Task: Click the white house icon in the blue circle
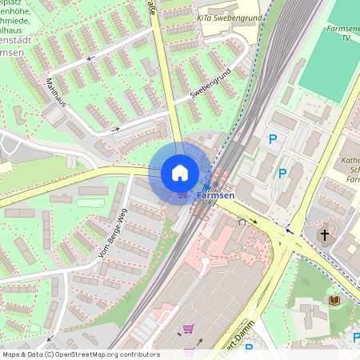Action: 180,173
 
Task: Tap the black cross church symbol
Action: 325,235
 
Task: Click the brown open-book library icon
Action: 335,299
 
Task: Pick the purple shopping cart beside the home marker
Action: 183,194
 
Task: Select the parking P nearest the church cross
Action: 282,173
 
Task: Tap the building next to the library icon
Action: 316,312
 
